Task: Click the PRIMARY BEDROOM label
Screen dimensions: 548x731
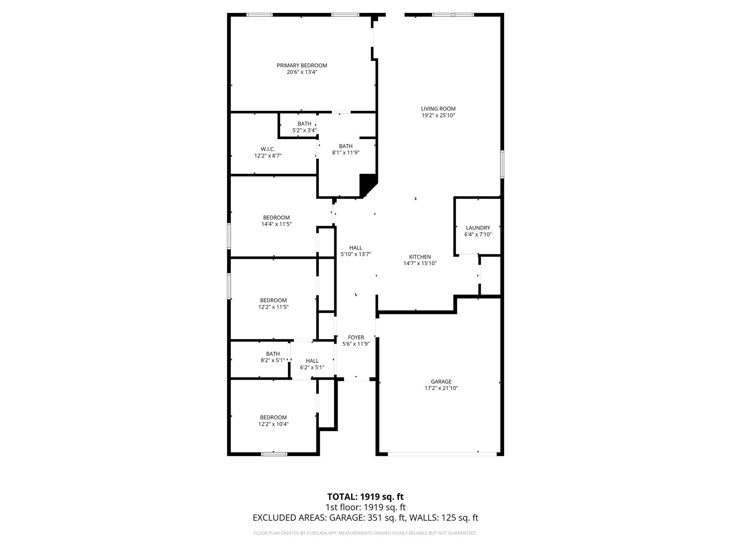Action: point(302,65)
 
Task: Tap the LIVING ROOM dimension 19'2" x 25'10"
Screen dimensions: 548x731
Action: point(438,115)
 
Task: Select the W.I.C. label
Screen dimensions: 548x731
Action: point(268,149)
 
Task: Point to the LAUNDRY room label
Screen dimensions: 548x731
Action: point(478,228)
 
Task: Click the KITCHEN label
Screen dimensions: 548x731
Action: point(420,257)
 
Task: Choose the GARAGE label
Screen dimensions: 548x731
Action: point(441,381)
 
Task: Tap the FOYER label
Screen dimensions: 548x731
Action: point(356,337)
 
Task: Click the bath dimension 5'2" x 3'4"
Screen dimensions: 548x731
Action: point(304,130)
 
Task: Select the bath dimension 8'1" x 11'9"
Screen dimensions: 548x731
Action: point(346,153)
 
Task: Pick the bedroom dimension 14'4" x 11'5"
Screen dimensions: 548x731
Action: point(276,224)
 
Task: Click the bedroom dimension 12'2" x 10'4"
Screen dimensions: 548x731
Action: point(273,424)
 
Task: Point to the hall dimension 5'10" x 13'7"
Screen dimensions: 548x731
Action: point(356,254)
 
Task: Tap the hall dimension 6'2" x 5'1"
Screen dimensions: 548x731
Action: point(312,367)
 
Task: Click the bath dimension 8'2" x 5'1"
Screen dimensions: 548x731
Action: point(273,360)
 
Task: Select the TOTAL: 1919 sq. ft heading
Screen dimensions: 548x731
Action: point(365,497)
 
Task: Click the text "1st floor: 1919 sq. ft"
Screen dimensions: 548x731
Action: point(365,507)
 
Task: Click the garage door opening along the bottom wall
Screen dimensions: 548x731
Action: point(442,454)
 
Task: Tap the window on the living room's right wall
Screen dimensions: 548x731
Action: point(502,164)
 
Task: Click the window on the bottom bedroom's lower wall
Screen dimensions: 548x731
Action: point(274,454)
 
